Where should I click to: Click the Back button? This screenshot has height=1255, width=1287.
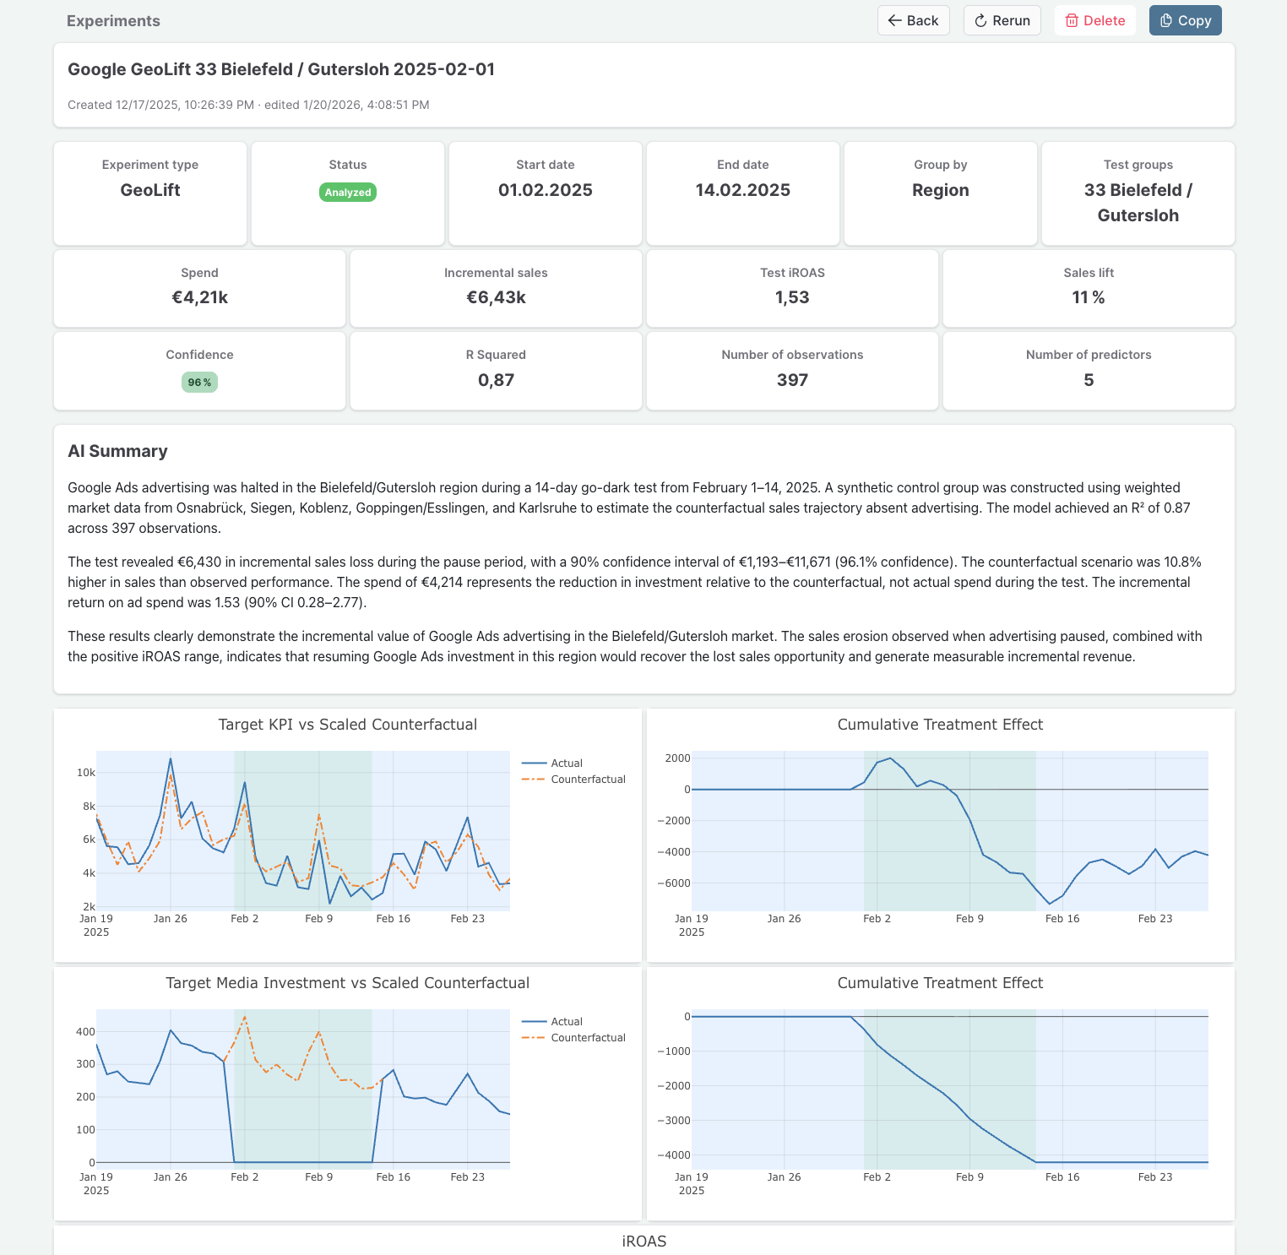click(x=913, y=20)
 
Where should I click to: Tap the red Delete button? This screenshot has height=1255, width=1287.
click(x=1094, y=20)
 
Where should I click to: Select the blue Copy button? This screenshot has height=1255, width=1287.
click(x=1185, y=20)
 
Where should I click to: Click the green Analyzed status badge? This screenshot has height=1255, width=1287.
click(x=348, y=193)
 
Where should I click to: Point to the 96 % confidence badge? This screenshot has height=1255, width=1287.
click(x=199, y=383)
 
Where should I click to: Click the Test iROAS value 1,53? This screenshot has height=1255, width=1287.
click(x=792, y=297)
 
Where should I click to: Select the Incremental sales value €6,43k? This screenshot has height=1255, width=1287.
click(x=496, y=297)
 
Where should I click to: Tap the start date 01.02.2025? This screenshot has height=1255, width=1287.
click(x=545, y=190)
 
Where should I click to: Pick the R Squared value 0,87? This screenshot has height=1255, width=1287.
click(x=496, y=380)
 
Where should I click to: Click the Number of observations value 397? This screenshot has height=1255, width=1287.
click(x=792, y=380)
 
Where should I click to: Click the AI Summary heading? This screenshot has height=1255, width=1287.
click(x=117, y=451)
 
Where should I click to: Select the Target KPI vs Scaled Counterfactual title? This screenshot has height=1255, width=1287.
click(x=347, y=725)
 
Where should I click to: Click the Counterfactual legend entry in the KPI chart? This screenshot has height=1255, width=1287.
click(x=588, y=780)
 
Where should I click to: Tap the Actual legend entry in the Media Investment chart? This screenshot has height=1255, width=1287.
click(x=566, y=1022)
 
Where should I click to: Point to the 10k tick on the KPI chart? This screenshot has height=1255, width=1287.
click(x=85, y=773)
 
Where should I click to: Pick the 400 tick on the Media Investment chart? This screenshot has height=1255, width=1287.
click(x=85, y=1032)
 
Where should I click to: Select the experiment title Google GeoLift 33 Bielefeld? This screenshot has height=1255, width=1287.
click(x=281, y=69)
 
